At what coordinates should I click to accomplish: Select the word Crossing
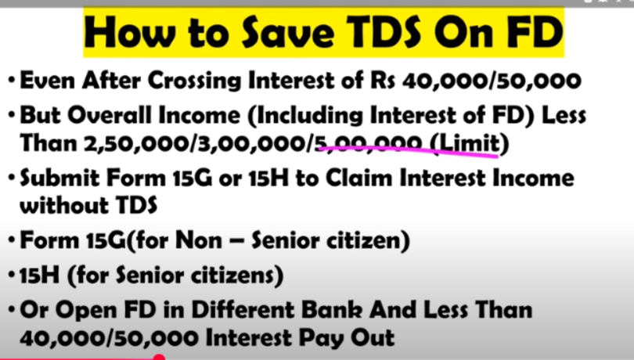195,81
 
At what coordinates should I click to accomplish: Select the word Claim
359,178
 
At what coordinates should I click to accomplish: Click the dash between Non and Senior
236,242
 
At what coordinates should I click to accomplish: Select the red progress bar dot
160,358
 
